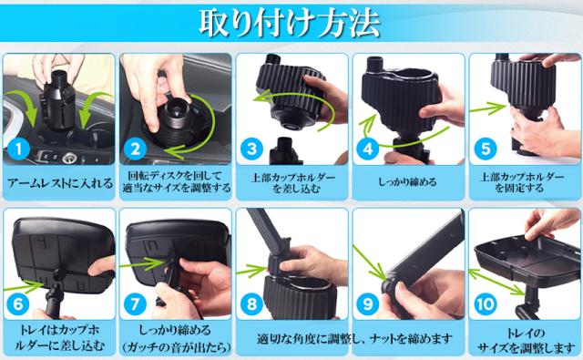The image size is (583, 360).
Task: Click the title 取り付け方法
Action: [290, 23]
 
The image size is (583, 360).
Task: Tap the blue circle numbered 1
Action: [18, 149]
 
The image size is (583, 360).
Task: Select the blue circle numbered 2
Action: [135, 149]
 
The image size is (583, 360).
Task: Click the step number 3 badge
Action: [251, 149]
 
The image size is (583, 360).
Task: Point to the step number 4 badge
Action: [368, 149]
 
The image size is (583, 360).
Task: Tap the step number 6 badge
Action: [18, 304]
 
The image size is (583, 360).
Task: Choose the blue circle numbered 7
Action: [135, 304]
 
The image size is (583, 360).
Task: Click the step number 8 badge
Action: [251, 304]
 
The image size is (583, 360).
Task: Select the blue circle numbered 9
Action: [368, 304]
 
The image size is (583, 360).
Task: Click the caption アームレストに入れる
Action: [59, 183]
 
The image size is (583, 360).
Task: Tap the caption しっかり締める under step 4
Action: [407, 182]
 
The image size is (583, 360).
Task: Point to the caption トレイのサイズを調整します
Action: [526, 340]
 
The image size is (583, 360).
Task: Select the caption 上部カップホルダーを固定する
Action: [522, 182]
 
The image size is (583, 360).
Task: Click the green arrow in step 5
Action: [488, 108]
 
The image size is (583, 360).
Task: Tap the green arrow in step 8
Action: [251, 271]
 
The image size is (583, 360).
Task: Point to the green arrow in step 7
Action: [142, 263]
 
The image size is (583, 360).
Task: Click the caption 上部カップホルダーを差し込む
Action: [292, 182]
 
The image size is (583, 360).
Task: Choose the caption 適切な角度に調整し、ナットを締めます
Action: [355, 338]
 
